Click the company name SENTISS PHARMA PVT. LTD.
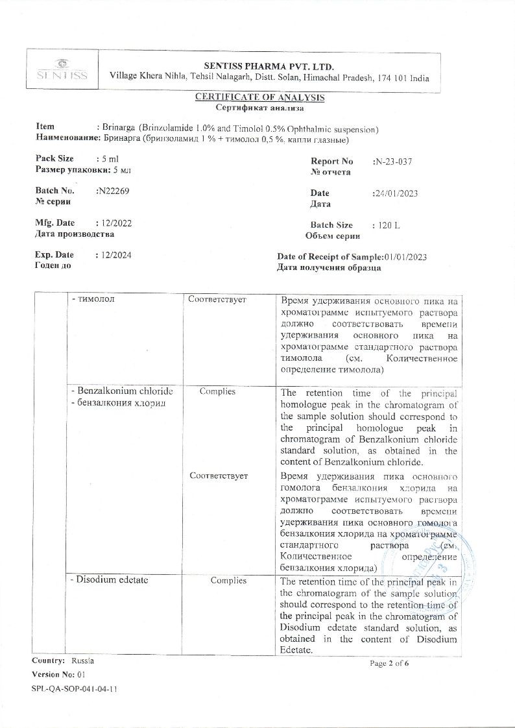point(269,66)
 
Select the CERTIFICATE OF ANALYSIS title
point(259,97)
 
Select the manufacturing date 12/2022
point(114,223)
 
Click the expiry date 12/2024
point(114,255)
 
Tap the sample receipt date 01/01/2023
point(405,257)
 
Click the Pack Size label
point(54,158)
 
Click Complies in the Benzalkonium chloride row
point(217,392)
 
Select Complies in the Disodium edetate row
point(228,580)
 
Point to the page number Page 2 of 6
point(390,663)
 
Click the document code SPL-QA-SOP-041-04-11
point(75,688)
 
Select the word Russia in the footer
point(82,661)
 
